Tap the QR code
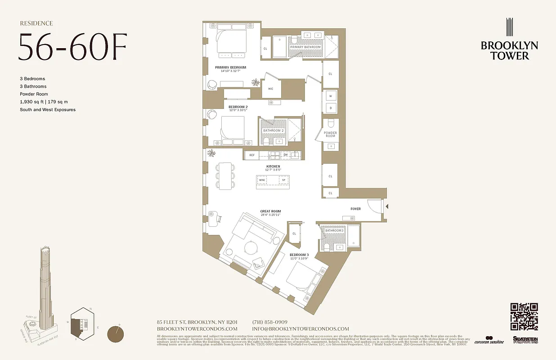coord(524,317)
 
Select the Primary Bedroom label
coord(233,67)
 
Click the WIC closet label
coord(270,89)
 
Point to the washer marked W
coord(330,96)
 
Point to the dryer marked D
coord(330,108)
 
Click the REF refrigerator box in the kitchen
coord(252,155)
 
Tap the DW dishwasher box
coord(285,155)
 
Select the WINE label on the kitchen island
coord(262,180)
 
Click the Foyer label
coord(355,209)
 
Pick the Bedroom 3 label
coord(299,255)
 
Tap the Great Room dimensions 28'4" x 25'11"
coord(270,215)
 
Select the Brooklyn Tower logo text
coord(509,50)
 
